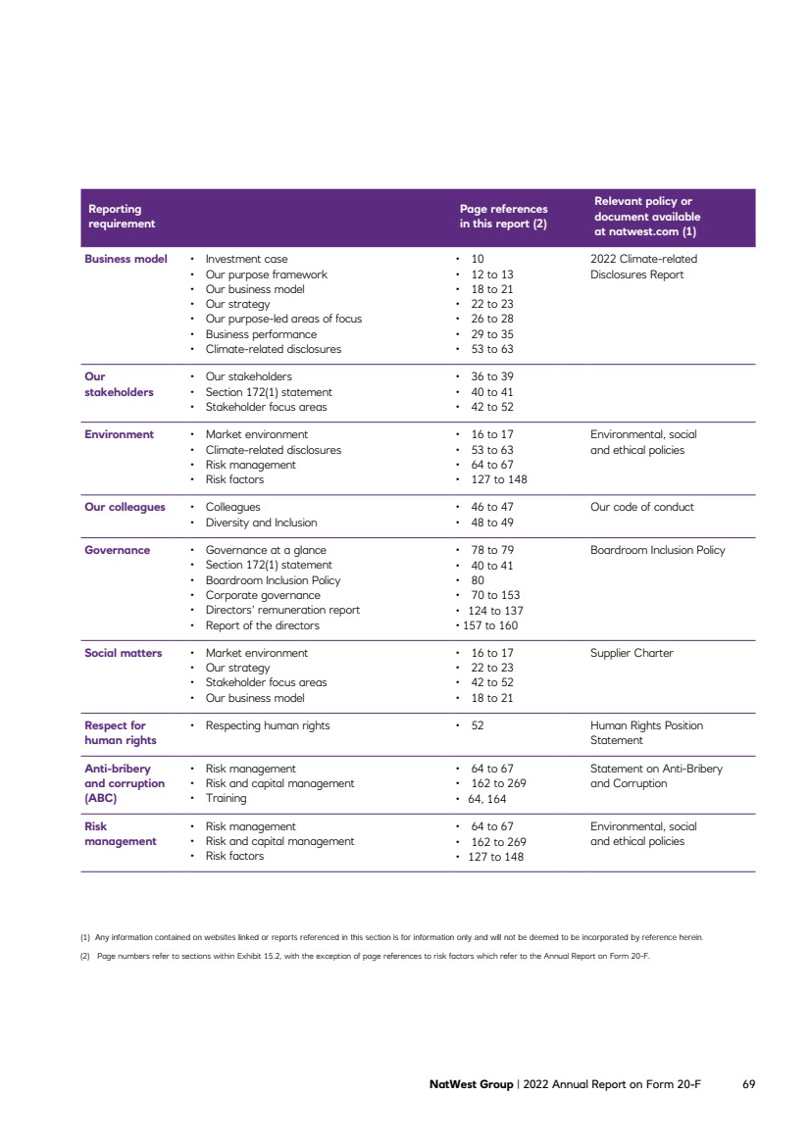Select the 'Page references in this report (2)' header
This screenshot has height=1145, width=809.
503,216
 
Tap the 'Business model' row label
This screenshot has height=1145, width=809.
126,259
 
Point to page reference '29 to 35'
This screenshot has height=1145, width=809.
492,334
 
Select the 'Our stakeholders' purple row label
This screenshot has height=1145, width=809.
119,384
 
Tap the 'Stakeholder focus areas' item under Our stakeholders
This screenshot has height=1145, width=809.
266,407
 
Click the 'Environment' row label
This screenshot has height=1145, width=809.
119,434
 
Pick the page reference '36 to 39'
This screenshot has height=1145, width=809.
492,376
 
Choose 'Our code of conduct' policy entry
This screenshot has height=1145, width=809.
641,507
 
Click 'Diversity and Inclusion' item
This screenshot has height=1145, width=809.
261,523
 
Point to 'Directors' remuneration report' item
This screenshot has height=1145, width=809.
282,610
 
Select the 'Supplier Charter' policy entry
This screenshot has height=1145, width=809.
632,653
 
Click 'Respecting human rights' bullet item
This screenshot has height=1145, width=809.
268,725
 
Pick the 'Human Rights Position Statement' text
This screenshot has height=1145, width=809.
646,733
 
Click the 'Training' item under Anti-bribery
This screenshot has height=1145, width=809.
226,799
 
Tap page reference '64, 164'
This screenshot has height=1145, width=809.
488,799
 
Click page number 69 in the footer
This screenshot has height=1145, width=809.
748,1085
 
